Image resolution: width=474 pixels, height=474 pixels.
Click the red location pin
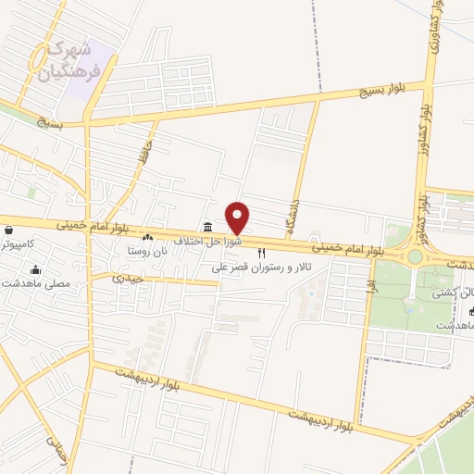pos(238,217)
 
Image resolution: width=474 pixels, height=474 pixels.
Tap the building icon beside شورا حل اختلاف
pos(206,228)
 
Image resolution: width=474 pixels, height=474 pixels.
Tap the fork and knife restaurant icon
pos(262,252)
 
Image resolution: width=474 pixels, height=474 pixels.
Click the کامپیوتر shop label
pos(18,243)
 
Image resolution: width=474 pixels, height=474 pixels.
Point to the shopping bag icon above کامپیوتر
pos(8,230)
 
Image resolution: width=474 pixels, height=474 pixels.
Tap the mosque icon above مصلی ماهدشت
pos(36,270)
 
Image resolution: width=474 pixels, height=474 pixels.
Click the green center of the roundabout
pos(415,256)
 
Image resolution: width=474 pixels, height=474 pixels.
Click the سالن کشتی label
pos(453,293)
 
